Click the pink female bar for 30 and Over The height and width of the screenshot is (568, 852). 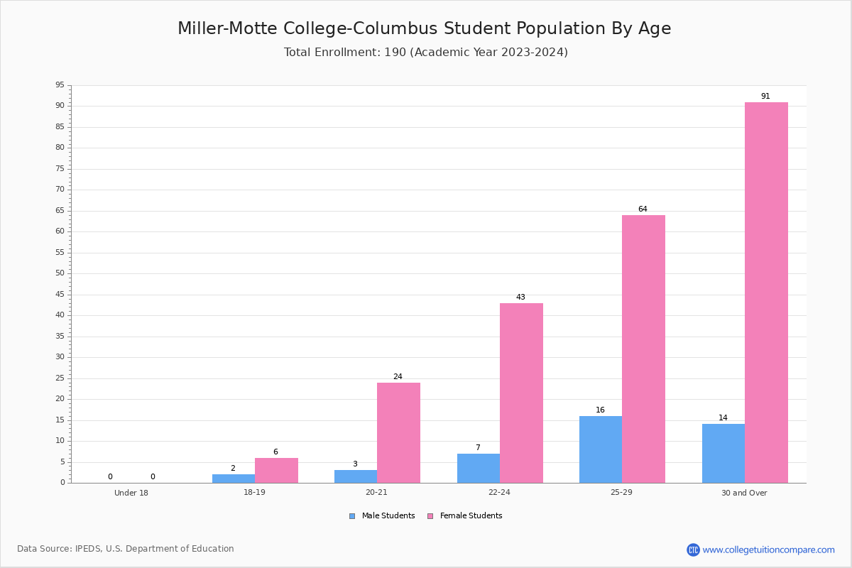(x=766, y=293)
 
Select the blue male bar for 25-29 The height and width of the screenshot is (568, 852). (x=601, y=449)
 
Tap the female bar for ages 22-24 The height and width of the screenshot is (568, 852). (x=521, y=393)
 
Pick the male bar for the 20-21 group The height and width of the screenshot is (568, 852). (x=356, y=476)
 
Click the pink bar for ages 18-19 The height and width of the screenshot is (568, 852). (x=276, y=470)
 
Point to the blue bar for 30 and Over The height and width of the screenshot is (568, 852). (x=723, y=454)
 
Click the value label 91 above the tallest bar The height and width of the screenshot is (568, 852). (x=765, y=96)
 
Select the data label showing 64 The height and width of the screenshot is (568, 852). (x=643, y=209)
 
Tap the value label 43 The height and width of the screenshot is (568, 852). (x=520, y=297)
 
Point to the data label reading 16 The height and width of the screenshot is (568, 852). (x=600, y=410)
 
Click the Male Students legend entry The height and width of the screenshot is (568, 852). (x=382, y=515)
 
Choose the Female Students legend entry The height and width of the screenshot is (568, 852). (x=465, y=515)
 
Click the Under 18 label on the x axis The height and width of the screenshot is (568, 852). (x=131, y=493)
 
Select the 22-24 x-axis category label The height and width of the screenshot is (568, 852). (x=499, y=492)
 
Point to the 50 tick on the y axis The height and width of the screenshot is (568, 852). (x=60, y=273)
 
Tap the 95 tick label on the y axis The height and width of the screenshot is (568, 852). (x=60, y=84)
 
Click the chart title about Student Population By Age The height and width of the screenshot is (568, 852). (x=425, y=28)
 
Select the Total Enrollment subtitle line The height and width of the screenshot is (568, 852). (x=426, y=52)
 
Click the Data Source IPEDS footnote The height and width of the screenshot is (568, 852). (x=126, y=549)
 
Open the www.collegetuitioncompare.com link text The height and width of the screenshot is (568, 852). (x=768, y=550)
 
